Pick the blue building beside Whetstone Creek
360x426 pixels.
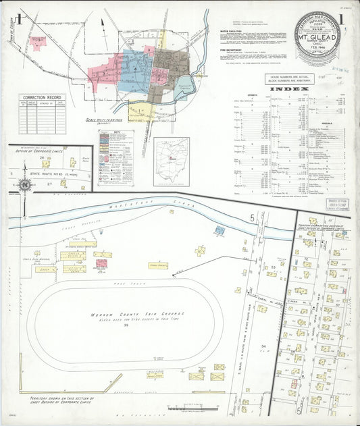pyautogui.click(x=220, y=230)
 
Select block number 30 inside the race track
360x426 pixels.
pyautogui.click(x=126, y=325)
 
